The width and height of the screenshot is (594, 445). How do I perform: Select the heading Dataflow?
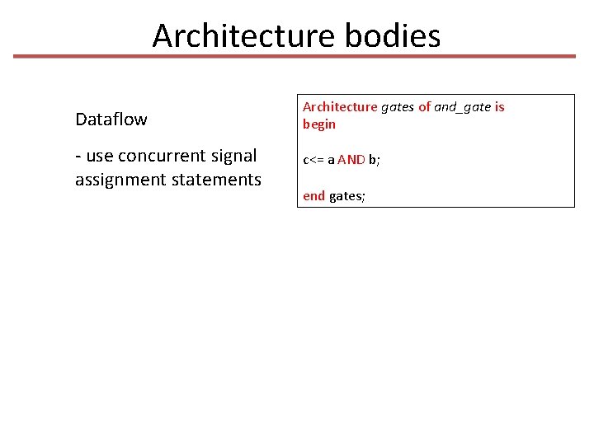tap(111, 119)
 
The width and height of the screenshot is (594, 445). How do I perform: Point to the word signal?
tap(234, 156)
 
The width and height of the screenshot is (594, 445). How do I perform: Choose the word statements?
tap(215, 180)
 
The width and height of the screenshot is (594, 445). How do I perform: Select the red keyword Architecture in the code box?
tap(340, 107)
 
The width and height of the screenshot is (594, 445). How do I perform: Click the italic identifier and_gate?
tap(463, 107)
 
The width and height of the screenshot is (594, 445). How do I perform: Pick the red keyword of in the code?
tap(425, 107)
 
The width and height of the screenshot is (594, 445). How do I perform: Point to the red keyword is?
tap(500, 107)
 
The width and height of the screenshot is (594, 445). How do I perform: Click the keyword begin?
tap(319, 124)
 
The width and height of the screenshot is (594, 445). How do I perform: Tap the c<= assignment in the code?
tap(313, 160)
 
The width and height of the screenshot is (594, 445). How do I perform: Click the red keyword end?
tap(314, 196)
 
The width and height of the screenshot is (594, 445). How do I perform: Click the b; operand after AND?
tap(375, 160)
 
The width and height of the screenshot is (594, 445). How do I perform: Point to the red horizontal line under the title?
tap(295, 57)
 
